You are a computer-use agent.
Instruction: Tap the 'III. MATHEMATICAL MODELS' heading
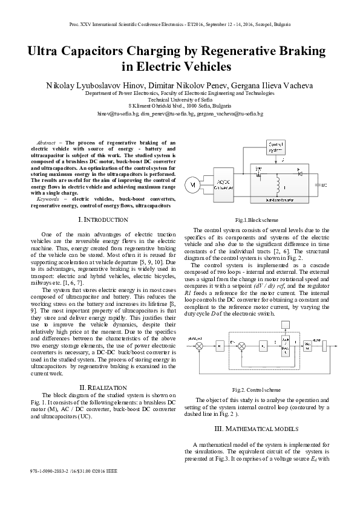click(257, 429)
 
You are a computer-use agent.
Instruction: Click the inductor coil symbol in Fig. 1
click(279, 184)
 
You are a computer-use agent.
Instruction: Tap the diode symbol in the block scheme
click(298, 173)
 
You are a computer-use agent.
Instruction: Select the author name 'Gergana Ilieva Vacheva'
click(272, 85)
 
